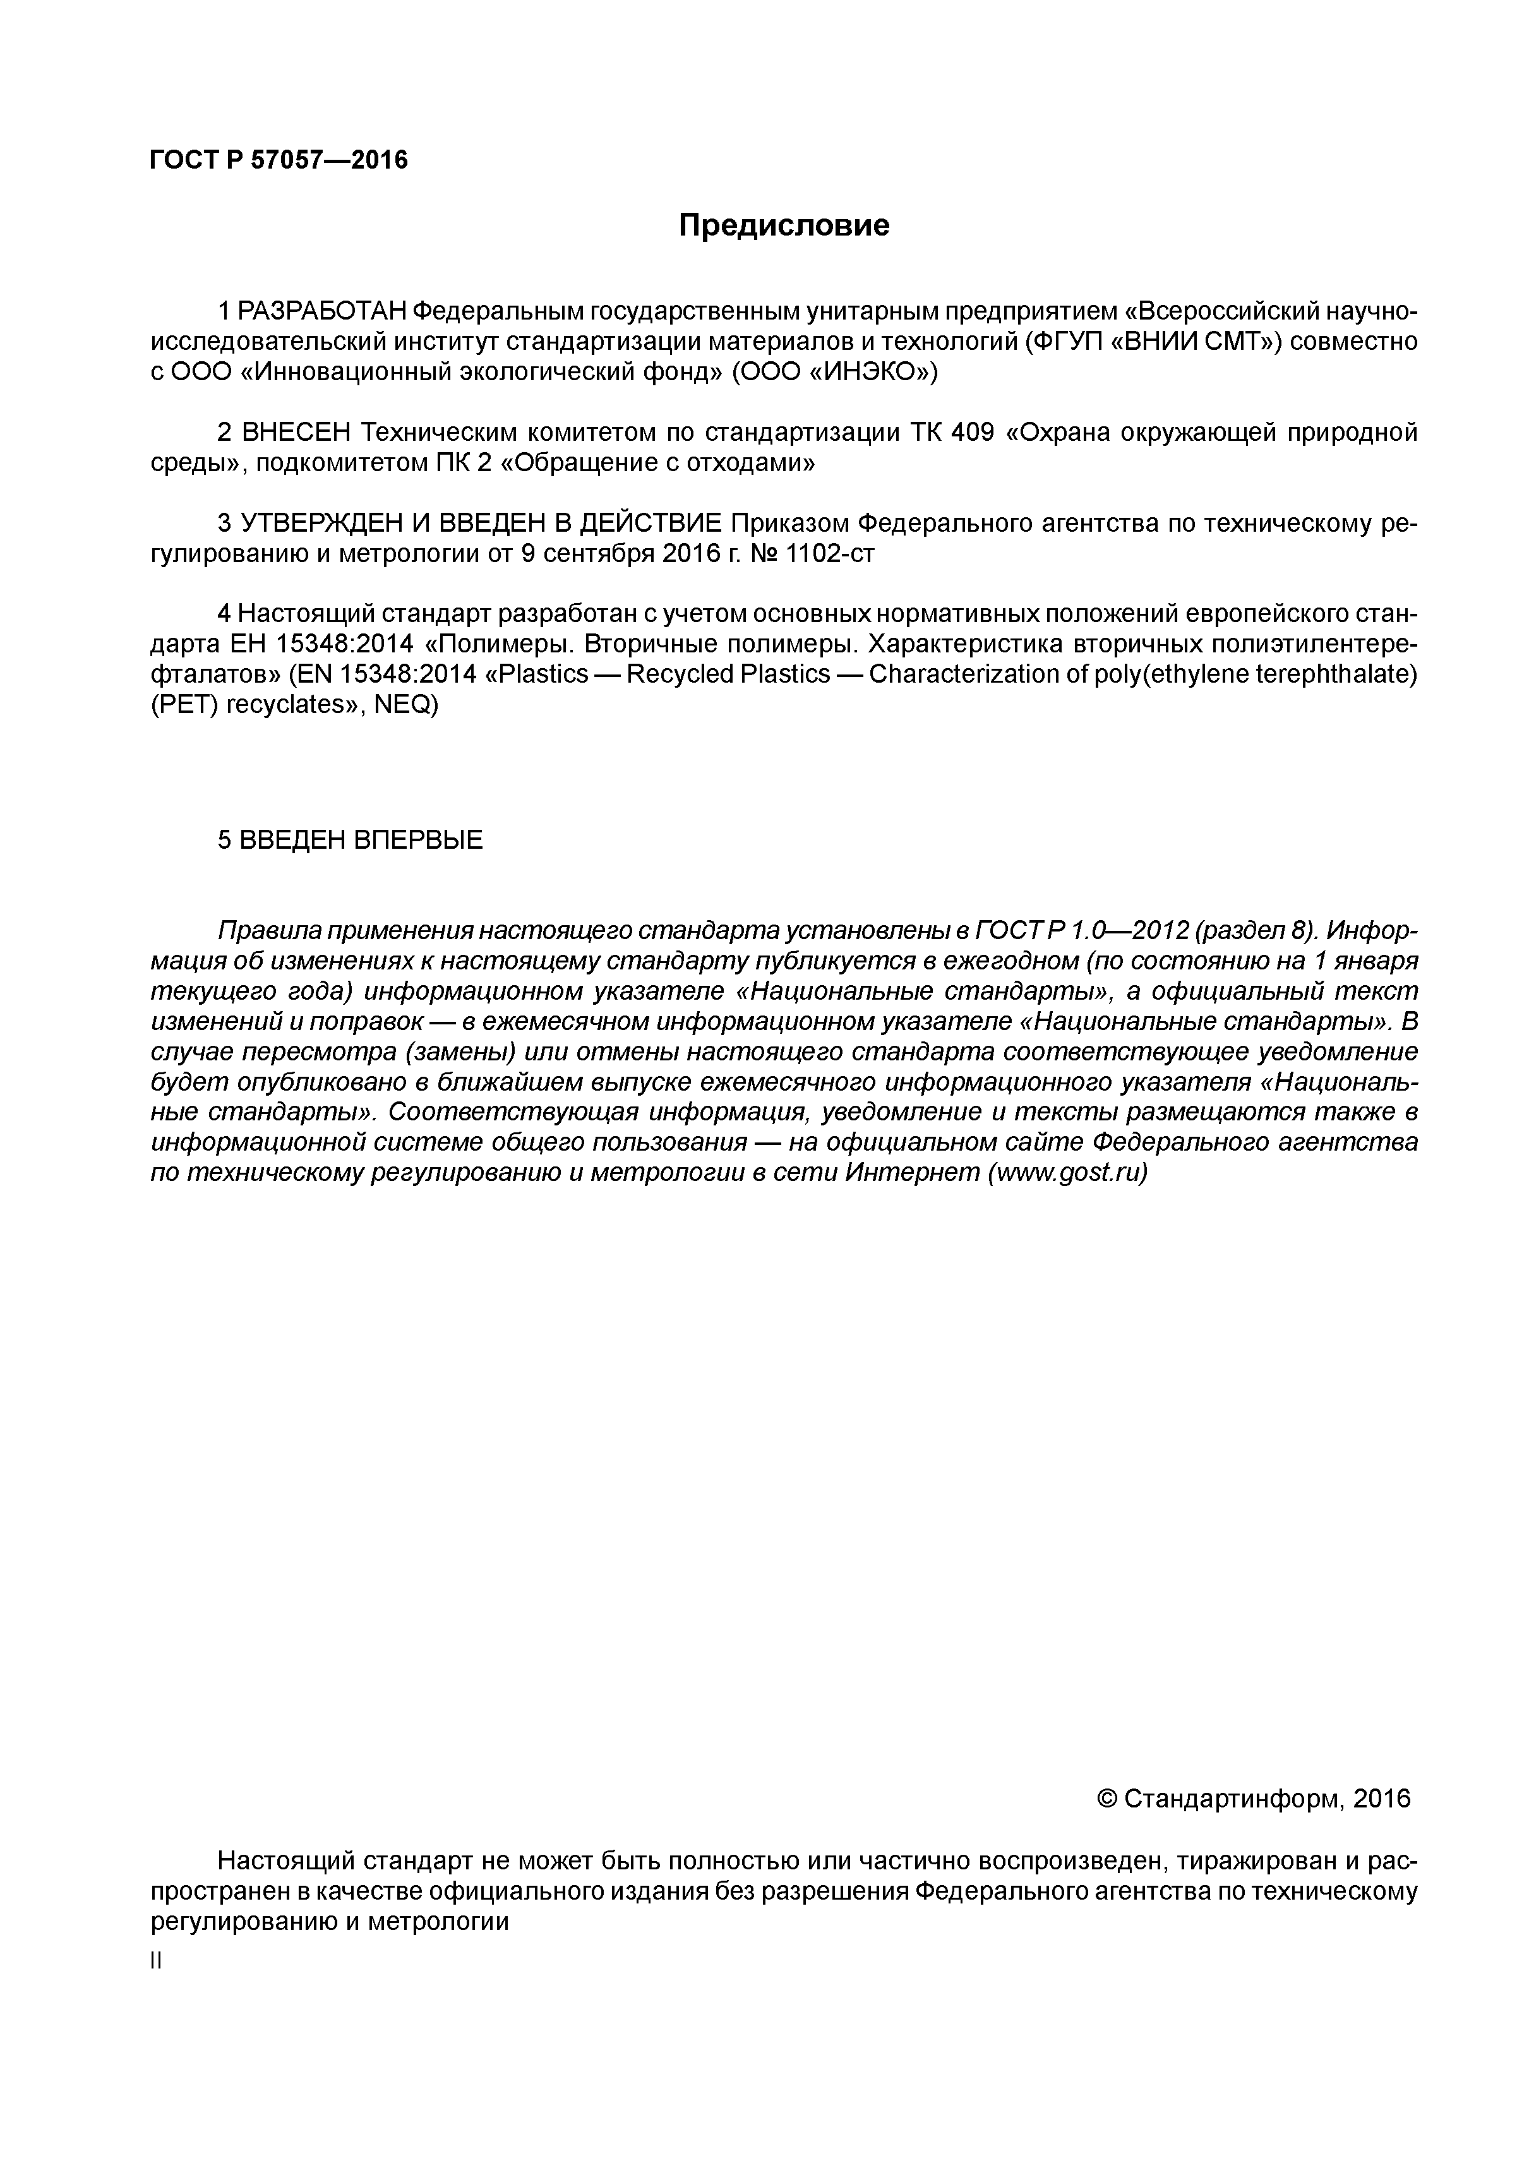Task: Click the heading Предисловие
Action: click(x=784, y=226)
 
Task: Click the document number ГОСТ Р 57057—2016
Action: click(x=279, y=160)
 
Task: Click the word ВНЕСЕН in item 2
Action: click(x=295, y=433)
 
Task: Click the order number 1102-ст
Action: click(x=829, y=553)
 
